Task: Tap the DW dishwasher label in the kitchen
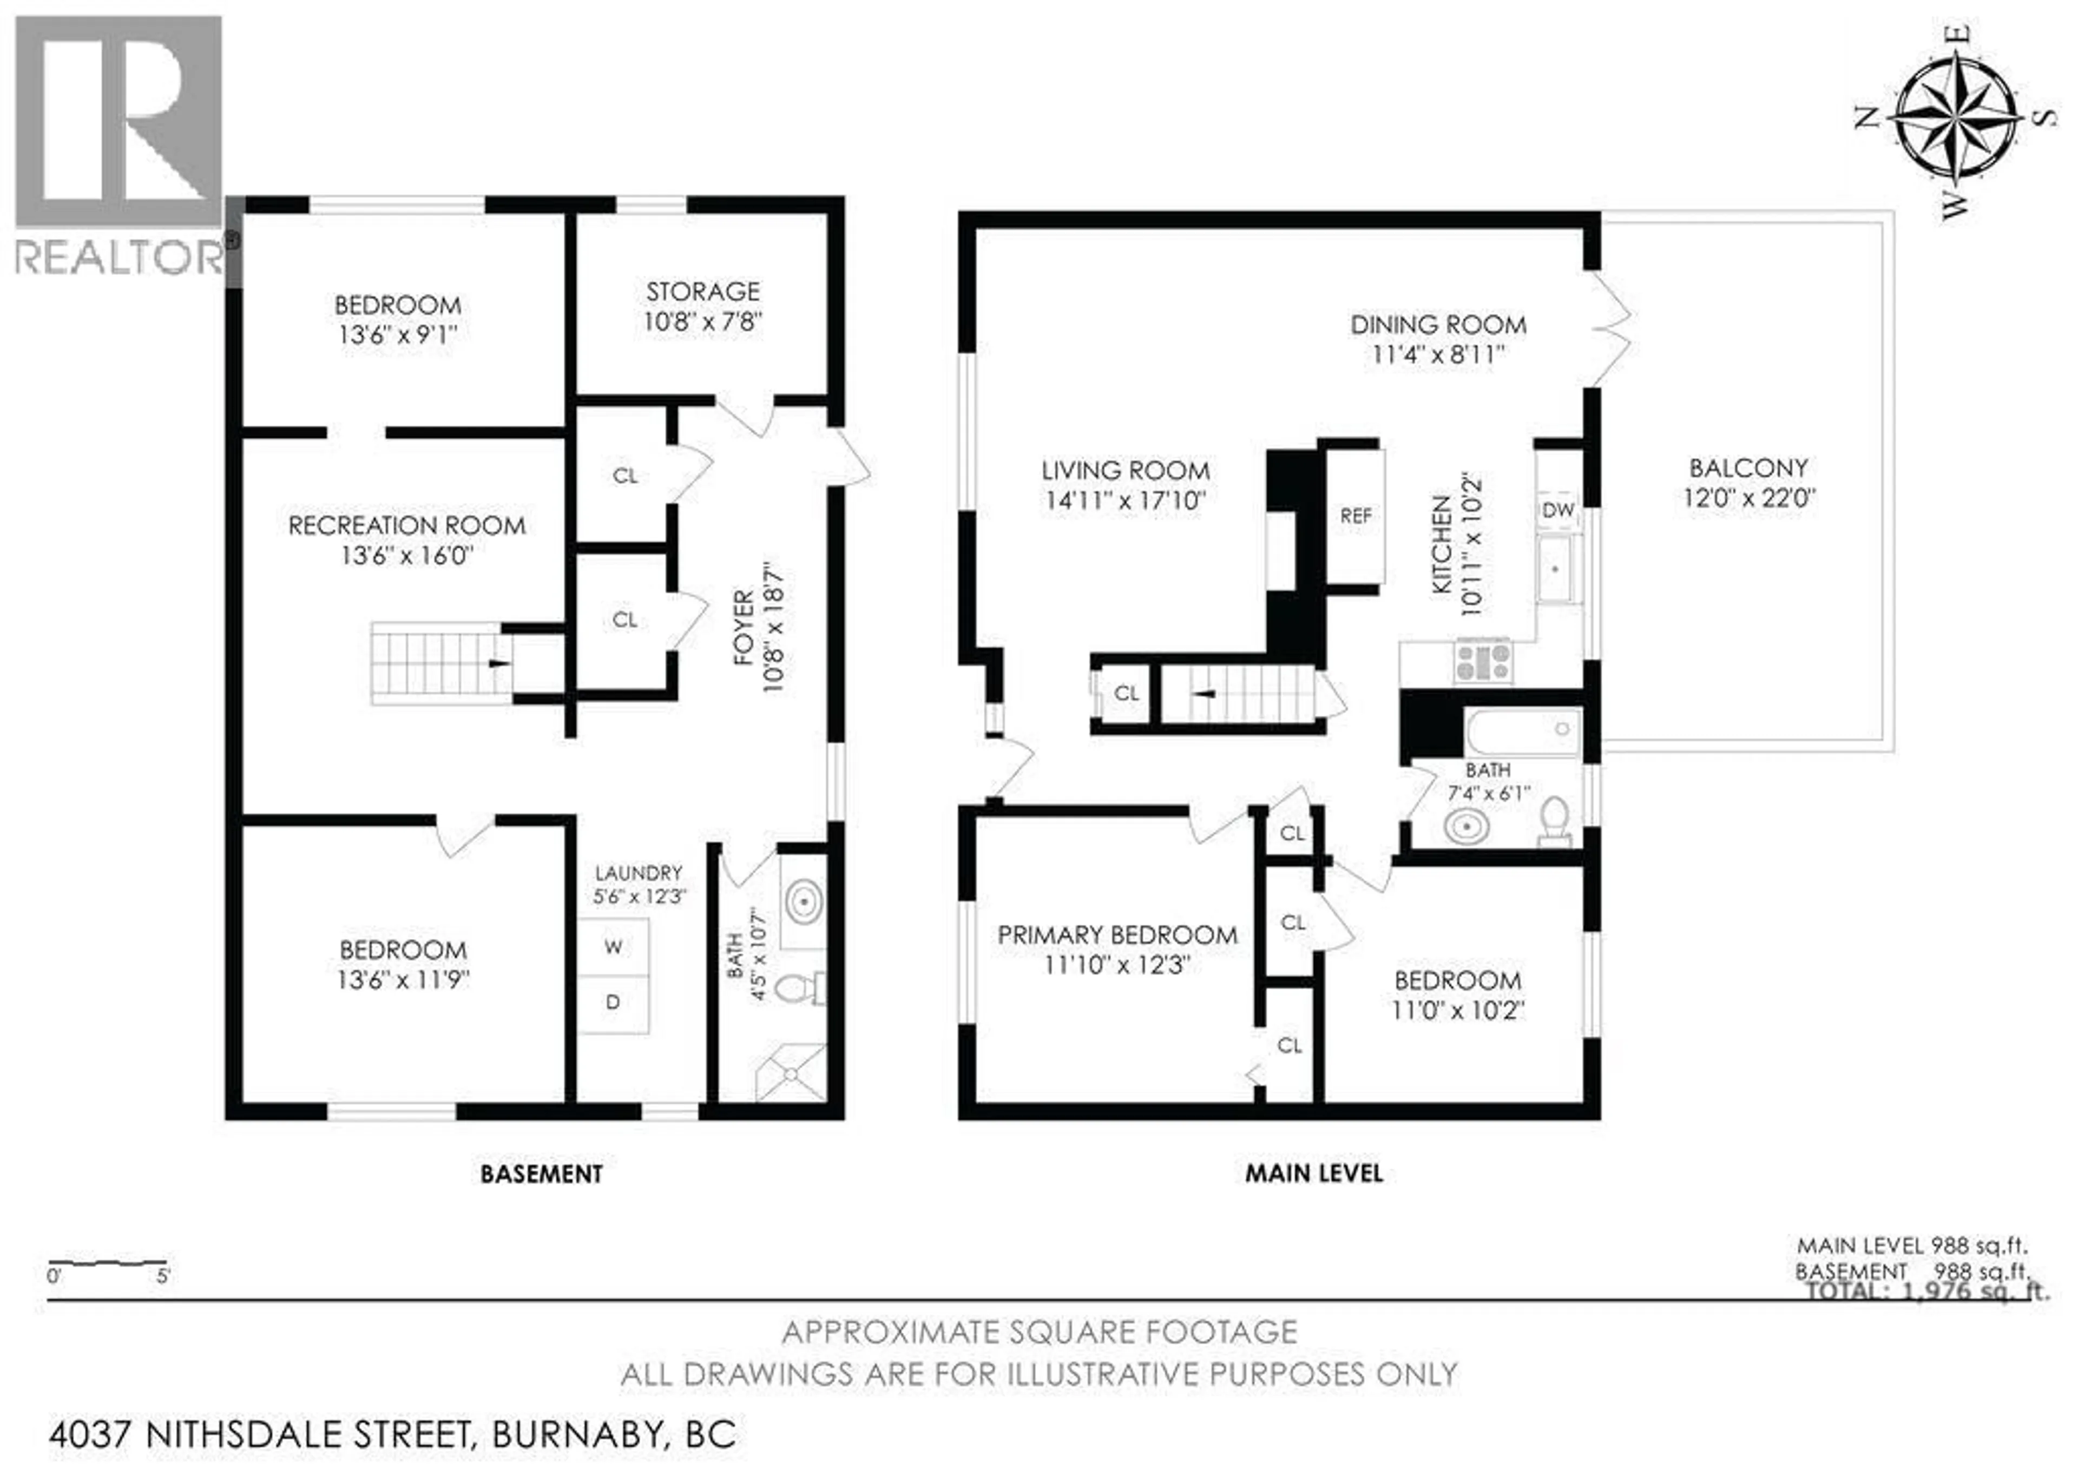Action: click(1557, 510)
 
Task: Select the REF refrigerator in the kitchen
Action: click(1355, 516)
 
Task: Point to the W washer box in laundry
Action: click(613, 947)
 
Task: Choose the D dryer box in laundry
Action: click(613, 1003)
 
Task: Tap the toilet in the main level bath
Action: click(1555, 821)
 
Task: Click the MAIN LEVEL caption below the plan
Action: click(1313, 1174)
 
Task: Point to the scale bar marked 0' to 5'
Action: click(107, 1262)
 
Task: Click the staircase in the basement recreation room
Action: click(439, 663)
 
